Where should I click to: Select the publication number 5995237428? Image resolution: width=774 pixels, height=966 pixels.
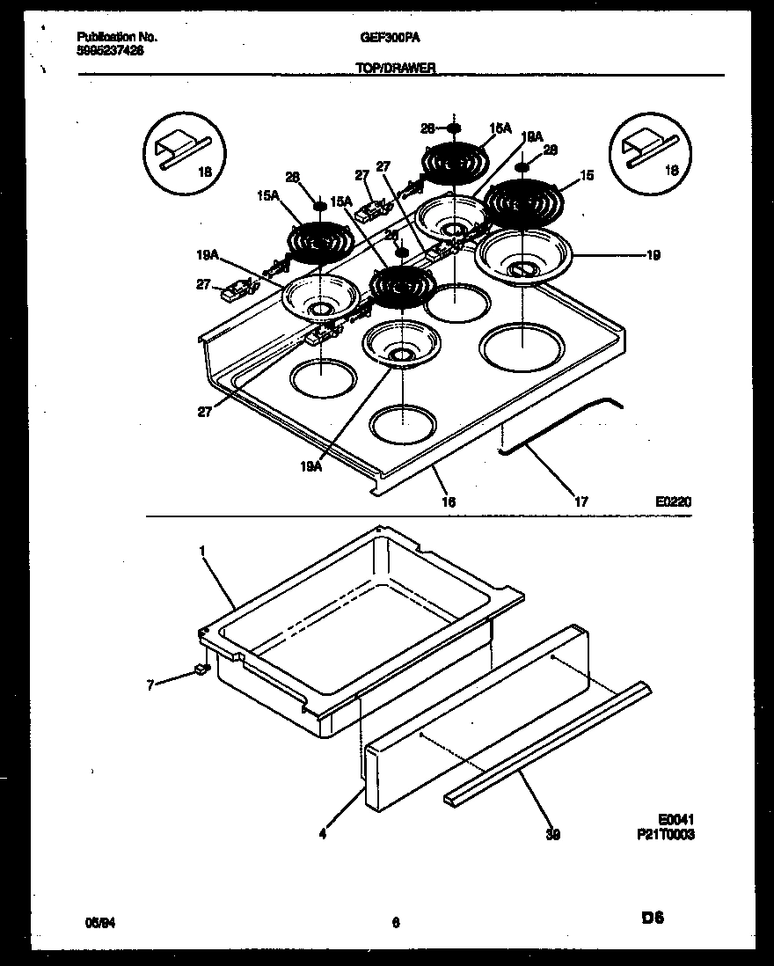point(111,51)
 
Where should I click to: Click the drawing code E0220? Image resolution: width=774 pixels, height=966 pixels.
point(673,501)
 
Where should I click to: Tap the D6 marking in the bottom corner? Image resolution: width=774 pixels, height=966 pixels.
point(653,919)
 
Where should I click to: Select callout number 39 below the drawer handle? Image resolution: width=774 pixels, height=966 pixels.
point(551,833)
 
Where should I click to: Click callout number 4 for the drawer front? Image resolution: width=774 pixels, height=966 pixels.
point(323,833)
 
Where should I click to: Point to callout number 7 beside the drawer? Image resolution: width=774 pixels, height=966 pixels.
point(150,684)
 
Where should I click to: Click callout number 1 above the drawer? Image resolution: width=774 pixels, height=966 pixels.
point(202,551)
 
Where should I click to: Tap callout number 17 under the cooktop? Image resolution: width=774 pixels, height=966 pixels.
point(580,501)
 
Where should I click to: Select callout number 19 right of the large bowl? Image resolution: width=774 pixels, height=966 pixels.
point(653,255)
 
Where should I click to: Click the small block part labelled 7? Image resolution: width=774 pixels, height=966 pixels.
point(201,670)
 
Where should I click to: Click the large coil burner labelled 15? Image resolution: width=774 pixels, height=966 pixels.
point(522,201)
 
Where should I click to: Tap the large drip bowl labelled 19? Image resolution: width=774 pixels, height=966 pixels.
point(522,255)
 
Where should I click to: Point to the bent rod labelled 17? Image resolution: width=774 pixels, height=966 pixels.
point(563,427)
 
